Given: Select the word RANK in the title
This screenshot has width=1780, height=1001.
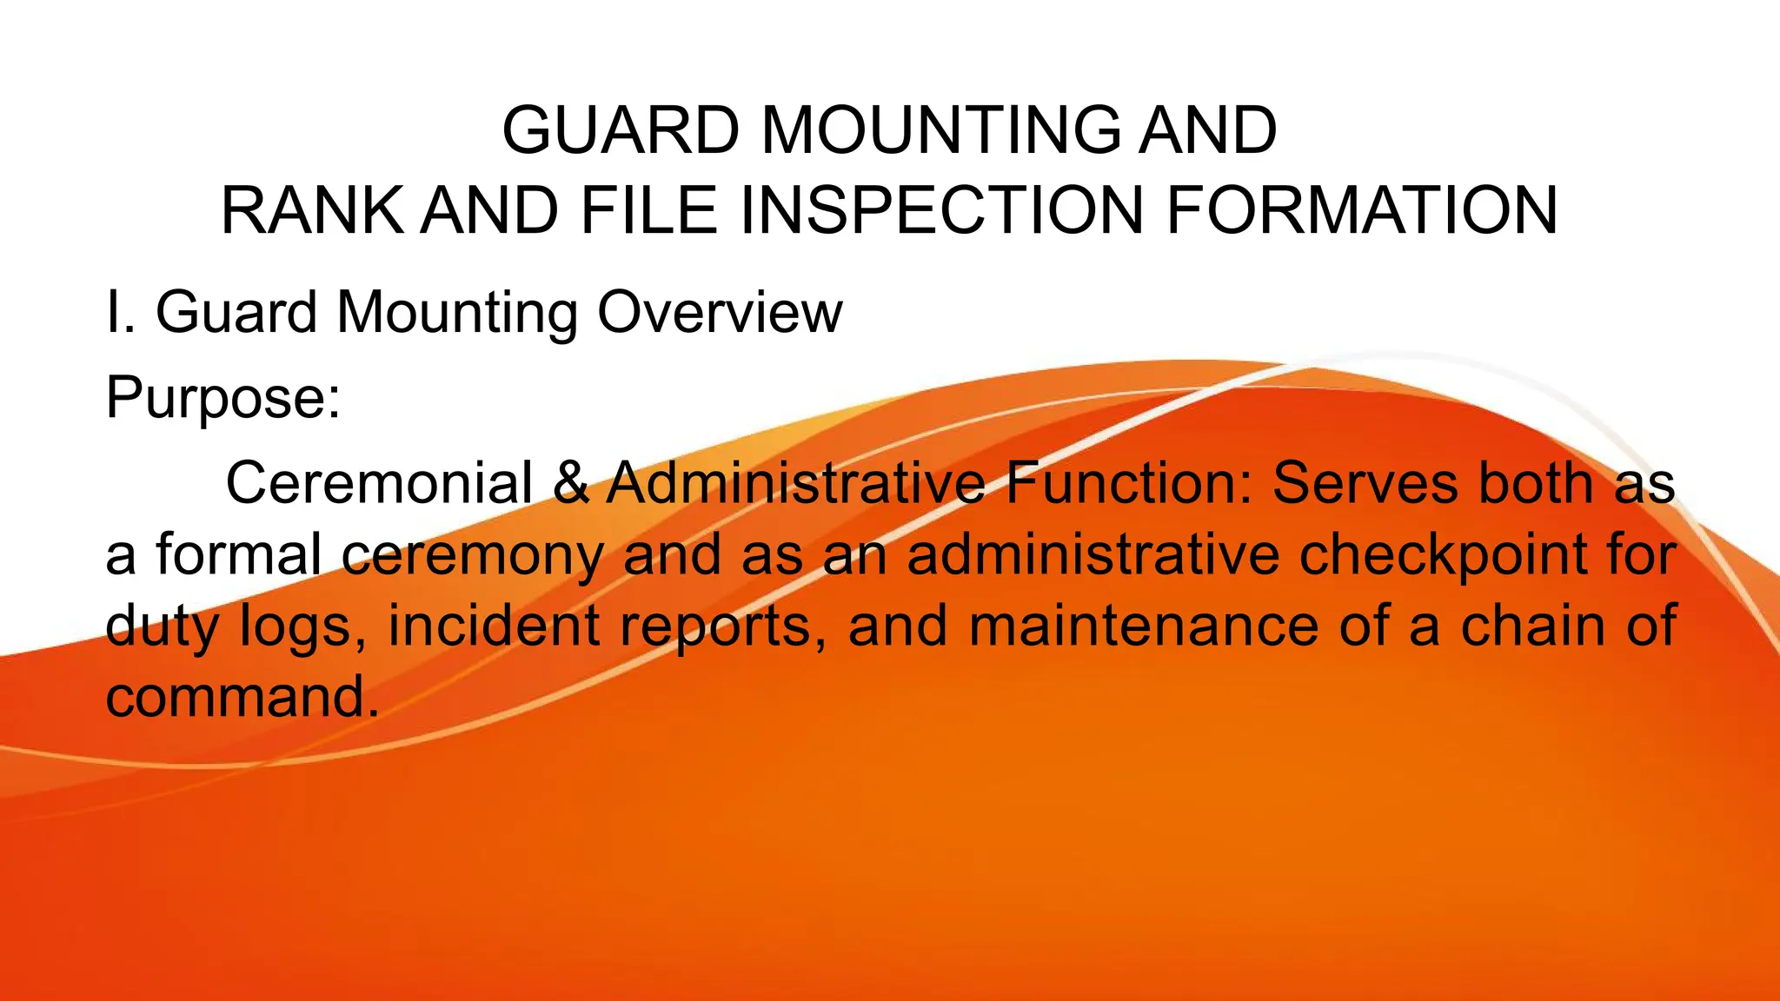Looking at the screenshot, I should pos(313,211).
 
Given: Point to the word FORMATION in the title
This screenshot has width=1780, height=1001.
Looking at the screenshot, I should pos(1361,211).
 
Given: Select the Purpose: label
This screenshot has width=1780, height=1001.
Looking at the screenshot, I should pos(223,398).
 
